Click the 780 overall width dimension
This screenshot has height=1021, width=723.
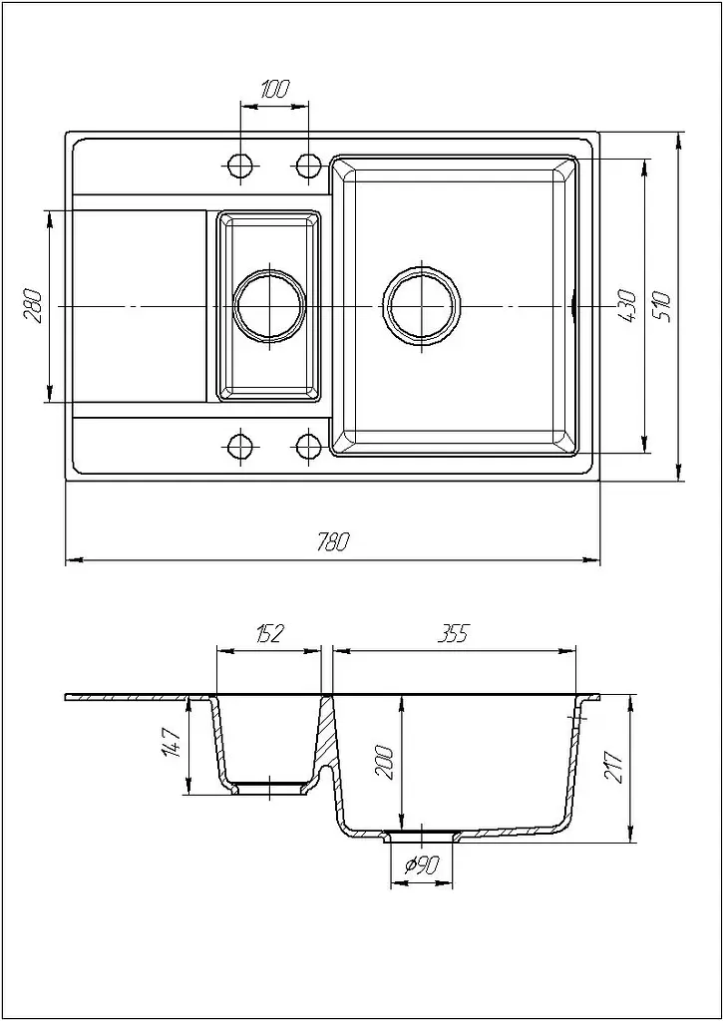(x=333, y=540)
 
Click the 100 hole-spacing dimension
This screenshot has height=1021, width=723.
(x=275, y=89)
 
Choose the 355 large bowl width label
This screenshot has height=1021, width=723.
(x=453, y=633)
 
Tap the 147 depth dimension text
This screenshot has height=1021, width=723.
(x=174, y=742)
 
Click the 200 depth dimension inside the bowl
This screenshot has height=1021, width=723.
(x=385, y=759)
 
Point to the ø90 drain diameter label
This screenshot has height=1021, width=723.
(x=422, y=865)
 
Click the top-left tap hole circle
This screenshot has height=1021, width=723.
(x=240, y=166)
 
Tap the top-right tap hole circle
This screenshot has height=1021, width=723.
(x=308, y=166)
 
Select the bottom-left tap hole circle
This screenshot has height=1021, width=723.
(x=240, y=446)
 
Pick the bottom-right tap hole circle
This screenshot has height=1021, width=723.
(x=308, y=446)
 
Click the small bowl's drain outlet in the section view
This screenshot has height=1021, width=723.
(x=269, y=789)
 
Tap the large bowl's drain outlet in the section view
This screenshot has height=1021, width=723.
(x=422, y=837)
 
